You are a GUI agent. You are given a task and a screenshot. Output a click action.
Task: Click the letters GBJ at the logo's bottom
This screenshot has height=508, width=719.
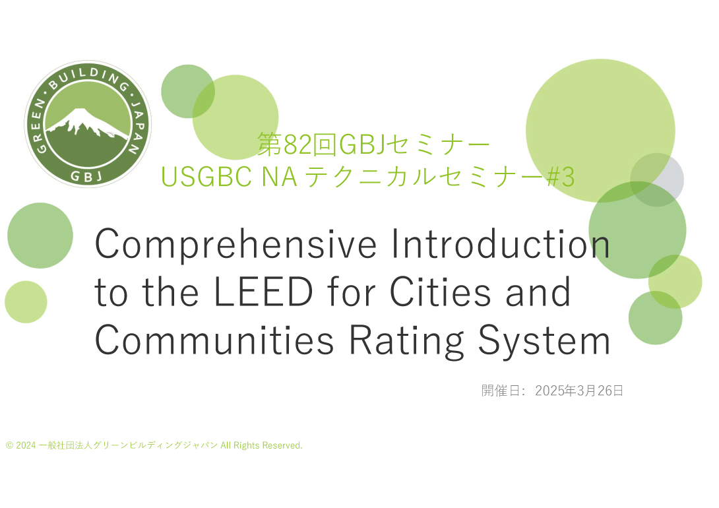coord(86,176)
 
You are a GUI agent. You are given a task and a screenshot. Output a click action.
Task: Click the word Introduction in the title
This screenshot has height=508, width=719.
coord(500,243)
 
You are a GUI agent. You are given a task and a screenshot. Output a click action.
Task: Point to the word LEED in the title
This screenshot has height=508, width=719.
coord(264,292)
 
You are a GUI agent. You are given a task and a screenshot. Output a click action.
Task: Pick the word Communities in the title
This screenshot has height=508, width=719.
coord(214,340)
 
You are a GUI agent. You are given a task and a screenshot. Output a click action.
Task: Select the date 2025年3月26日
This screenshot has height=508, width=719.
coord(579,391)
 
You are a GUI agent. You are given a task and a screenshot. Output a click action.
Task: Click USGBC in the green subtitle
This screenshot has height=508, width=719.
coord(206,177)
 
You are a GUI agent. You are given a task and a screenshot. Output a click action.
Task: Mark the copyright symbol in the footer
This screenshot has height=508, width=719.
coord(10,445)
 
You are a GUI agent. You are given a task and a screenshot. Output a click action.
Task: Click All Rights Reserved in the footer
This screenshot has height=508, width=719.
coord(261,445)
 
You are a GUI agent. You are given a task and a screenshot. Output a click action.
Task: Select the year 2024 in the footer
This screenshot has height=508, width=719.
coord(26,445)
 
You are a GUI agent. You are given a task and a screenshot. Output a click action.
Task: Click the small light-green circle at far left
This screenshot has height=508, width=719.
coord(26,302)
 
